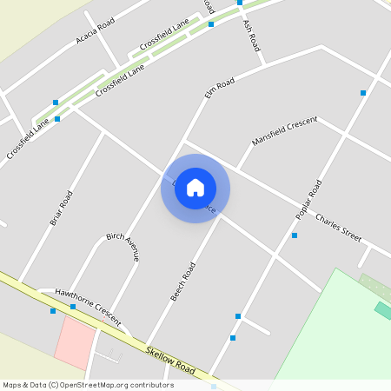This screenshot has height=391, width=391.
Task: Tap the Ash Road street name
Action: [252, 36]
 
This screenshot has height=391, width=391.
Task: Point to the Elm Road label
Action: [220, 88]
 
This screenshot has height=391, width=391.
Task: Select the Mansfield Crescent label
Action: [285, 130]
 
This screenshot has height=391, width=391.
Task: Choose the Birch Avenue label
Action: [123, 247]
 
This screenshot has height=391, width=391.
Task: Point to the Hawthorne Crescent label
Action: [86, 301]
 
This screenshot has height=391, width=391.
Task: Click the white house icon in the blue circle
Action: [195, 188]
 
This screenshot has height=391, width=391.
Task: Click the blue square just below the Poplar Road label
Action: [295, 235]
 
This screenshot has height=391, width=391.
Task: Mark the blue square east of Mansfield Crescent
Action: [363, 93]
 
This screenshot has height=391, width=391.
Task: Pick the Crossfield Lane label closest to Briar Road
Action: [26, 139]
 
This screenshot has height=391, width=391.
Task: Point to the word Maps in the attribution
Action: [12, 385]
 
